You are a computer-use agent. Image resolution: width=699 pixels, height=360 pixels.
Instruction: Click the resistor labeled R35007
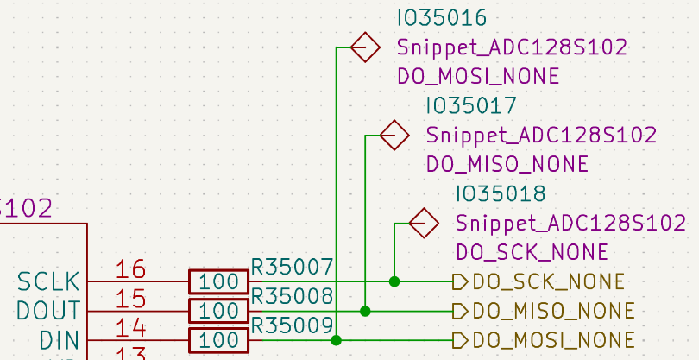[x=218, y=281]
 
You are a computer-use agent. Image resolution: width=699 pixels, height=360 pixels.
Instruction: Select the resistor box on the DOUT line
[x=218, y=311]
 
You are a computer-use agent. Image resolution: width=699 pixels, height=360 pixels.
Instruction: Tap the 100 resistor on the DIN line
[x=218, y=340]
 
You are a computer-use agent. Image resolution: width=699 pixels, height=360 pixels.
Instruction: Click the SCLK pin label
[x=48, y=281]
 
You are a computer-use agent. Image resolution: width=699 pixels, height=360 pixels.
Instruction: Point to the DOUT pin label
[x=48, y=311]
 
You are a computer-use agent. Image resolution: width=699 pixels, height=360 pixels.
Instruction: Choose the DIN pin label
[x=59, y=340]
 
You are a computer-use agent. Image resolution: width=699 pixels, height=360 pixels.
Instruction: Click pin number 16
[x=130, y=269]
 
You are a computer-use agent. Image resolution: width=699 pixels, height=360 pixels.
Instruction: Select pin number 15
[x=130, y=299]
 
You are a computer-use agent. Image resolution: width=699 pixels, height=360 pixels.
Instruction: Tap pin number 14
[x=130, y=328]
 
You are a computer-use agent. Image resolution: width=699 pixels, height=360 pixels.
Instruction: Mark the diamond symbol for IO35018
[x=424, y=224]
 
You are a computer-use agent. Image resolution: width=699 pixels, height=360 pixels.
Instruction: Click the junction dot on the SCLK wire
[x=394, y=281]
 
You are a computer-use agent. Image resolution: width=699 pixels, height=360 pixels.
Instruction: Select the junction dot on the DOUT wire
[x=365, y=311]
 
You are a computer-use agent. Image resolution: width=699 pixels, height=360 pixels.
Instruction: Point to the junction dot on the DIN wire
[x=336, y=340]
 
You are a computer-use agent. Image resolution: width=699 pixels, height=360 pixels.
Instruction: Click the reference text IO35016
[x=442, y=18]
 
